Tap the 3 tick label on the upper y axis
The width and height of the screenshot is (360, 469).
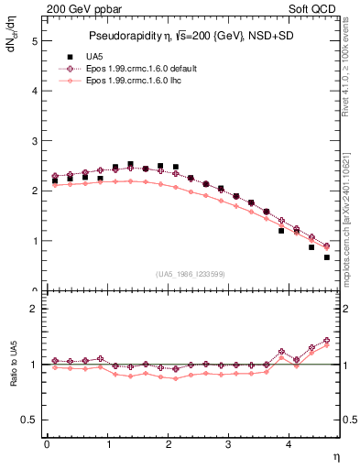[34, 141]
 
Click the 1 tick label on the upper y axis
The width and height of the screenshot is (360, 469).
[34, 241]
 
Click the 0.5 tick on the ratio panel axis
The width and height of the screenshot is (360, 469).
[29, 420]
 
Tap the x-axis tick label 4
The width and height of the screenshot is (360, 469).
[289, 444]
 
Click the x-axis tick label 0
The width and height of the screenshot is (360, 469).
[47, 444]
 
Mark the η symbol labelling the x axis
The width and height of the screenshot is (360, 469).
[335, 455]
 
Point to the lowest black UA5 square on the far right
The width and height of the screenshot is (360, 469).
[326, 257]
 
